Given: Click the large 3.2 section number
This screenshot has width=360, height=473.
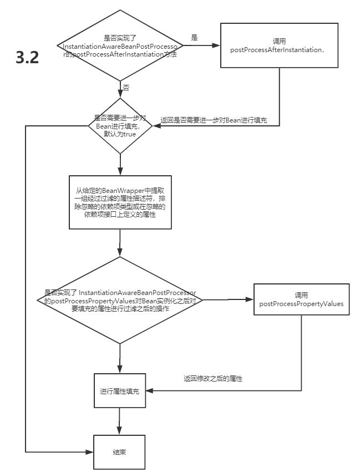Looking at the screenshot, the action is click(28, 57).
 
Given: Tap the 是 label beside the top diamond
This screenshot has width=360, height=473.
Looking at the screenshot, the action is click(194, 37).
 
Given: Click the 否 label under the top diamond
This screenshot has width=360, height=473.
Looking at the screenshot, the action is click(126, 88).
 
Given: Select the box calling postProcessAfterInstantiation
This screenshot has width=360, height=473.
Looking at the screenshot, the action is click(279, 45).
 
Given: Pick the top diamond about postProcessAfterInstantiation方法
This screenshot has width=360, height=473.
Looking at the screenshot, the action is click(120, 45).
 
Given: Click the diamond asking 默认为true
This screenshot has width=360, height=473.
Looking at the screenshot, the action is click(120, 126).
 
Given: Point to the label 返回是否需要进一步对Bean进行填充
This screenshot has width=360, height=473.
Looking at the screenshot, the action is click(214, 120).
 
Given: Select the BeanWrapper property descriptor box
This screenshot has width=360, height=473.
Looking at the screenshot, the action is click(120, 202).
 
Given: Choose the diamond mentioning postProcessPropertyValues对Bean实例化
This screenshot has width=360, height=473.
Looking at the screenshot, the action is click(120, 300).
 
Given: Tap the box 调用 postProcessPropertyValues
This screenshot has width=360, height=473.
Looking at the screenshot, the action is click(301, 299).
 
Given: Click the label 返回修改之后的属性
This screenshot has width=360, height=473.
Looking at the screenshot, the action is click(213, 379).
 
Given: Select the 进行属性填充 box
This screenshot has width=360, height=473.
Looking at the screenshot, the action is click(120, 390).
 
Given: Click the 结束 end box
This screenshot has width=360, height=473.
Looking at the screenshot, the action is click(119, 452).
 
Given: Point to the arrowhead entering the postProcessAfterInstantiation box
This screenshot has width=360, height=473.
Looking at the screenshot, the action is click(216, 45).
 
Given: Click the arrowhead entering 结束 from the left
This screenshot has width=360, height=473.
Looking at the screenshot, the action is click(90, 452).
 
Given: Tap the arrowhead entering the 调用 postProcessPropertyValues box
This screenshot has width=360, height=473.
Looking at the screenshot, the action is click(250, 299).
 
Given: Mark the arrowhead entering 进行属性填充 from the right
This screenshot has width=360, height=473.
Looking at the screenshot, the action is click(150, 390).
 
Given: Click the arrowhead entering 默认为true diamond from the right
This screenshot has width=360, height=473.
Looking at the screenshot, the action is click(157, 126).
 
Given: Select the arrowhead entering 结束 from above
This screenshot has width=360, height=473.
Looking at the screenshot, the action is click(119, 431).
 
